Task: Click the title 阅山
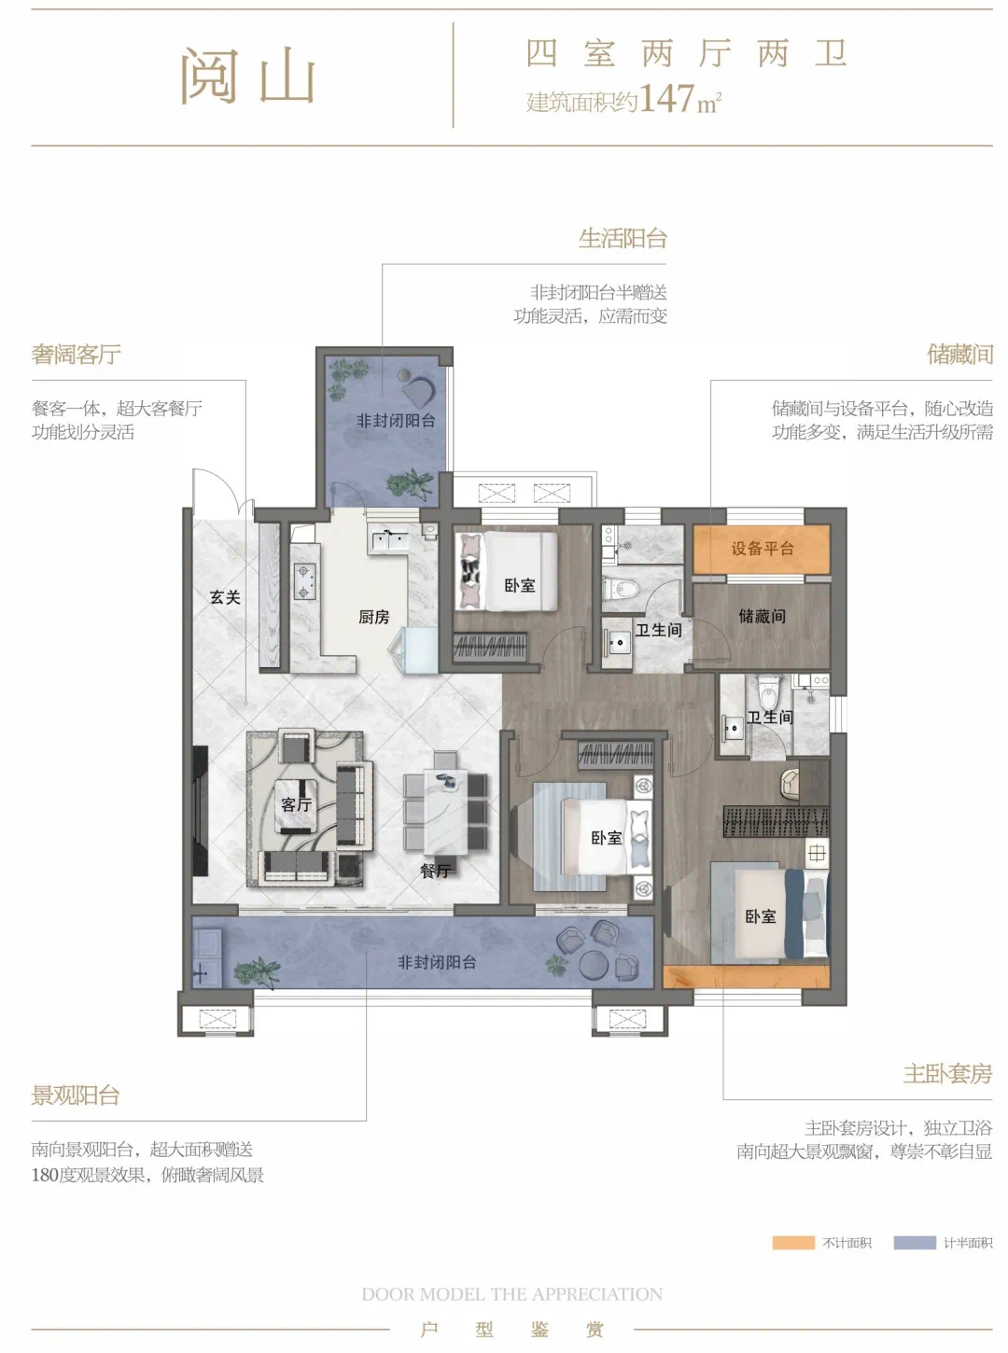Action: click(x=247, y=76)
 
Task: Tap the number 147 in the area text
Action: click(x=666, y=98)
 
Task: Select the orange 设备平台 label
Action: click(x=763, y=549)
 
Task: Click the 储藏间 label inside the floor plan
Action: click(x=763, y=616)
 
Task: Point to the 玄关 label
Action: click(x=225, y=597)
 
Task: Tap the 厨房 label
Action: click(x=373, y=618)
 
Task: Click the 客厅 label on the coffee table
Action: click(x=297, y=804)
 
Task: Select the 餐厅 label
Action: click(x=436, y=871)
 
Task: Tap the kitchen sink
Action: click(x=388, y=540)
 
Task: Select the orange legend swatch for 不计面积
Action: click(x=793, y=1243)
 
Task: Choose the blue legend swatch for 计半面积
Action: click(x=915, y=1243)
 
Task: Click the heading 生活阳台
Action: click(x=623, y=239)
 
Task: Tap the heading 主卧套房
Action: click(x=947, y=1074)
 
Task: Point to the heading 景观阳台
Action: click(x=76, y=1095)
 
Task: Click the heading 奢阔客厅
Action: click(x=77, y=354)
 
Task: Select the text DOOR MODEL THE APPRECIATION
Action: click(x=511, y=1294)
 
